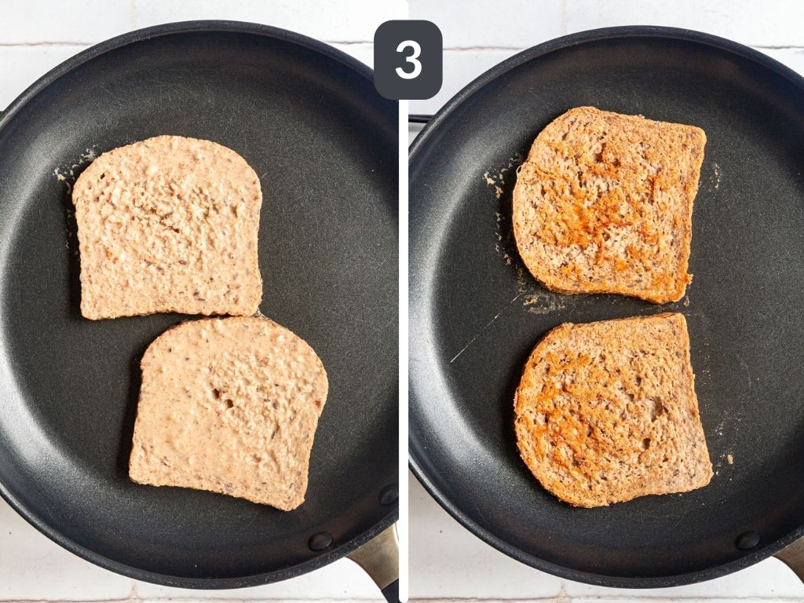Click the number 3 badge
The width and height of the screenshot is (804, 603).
point(407,60)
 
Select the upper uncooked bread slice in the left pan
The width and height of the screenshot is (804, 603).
point(168,228)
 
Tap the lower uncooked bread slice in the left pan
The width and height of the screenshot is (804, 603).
point(228,412)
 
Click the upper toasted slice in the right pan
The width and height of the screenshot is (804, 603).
point(609,203)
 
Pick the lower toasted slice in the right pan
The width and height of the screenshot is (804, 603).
point(612,408)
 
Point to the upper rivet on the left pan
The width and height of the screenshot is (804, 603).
point(388,495)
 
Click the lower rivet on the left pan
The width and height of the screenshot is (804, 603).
point(320,541)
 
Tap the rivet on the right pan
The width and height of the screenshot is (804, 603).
point(747,540)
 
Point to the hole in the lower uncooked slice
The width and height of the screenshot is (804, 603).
point(228,401)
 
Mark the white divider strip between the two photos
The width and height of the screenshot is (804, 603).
point(404,353)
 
